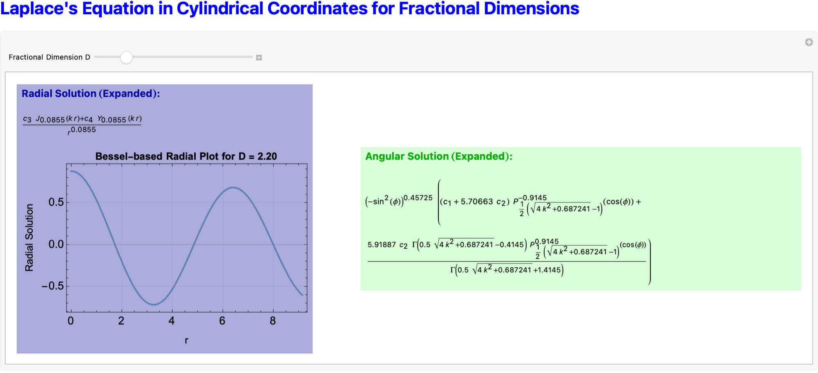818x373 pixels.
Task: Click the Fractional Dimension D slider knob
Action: coord(127,58)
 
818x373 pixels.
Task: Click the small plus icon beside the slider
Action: coord(259,58)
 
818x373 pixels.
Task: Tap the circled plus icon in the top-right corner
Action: coord(809,42)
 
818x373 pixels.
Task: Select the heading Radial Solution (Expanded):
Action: coord(91,93)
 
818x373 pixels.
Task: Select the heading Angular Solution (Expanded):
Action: coord(439,156)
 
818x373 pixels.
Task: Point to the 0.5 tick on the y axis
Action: coord(56,202)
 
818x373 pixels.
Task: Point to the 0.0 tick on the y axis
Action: coord(56,244)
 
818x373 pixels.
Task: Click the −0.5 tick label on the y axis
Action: coord(53,286)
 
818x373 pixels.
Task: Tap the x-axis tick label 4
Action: coord(172,321)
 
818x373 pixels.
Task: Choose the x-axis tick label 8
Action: coord(273,321)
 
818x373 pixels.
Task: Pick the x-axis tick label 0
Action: coord(71,321)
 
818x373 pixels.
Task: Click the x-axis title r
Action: coord(186,340)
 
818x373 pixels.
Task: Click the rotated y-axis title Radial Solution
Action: coord(29,238)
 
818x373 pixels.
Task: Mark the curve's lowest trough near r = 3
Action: coord(154,304)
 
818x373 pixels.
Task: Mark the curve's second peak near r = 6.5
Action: coord(232,187)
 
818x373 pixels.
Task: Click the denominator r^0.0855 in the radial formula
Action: coord(82,130)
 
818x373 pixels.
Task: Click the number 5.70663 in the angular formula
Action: coord(477,202)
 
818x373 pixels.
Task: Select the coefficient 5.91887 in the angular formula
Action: coord(382,244)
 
